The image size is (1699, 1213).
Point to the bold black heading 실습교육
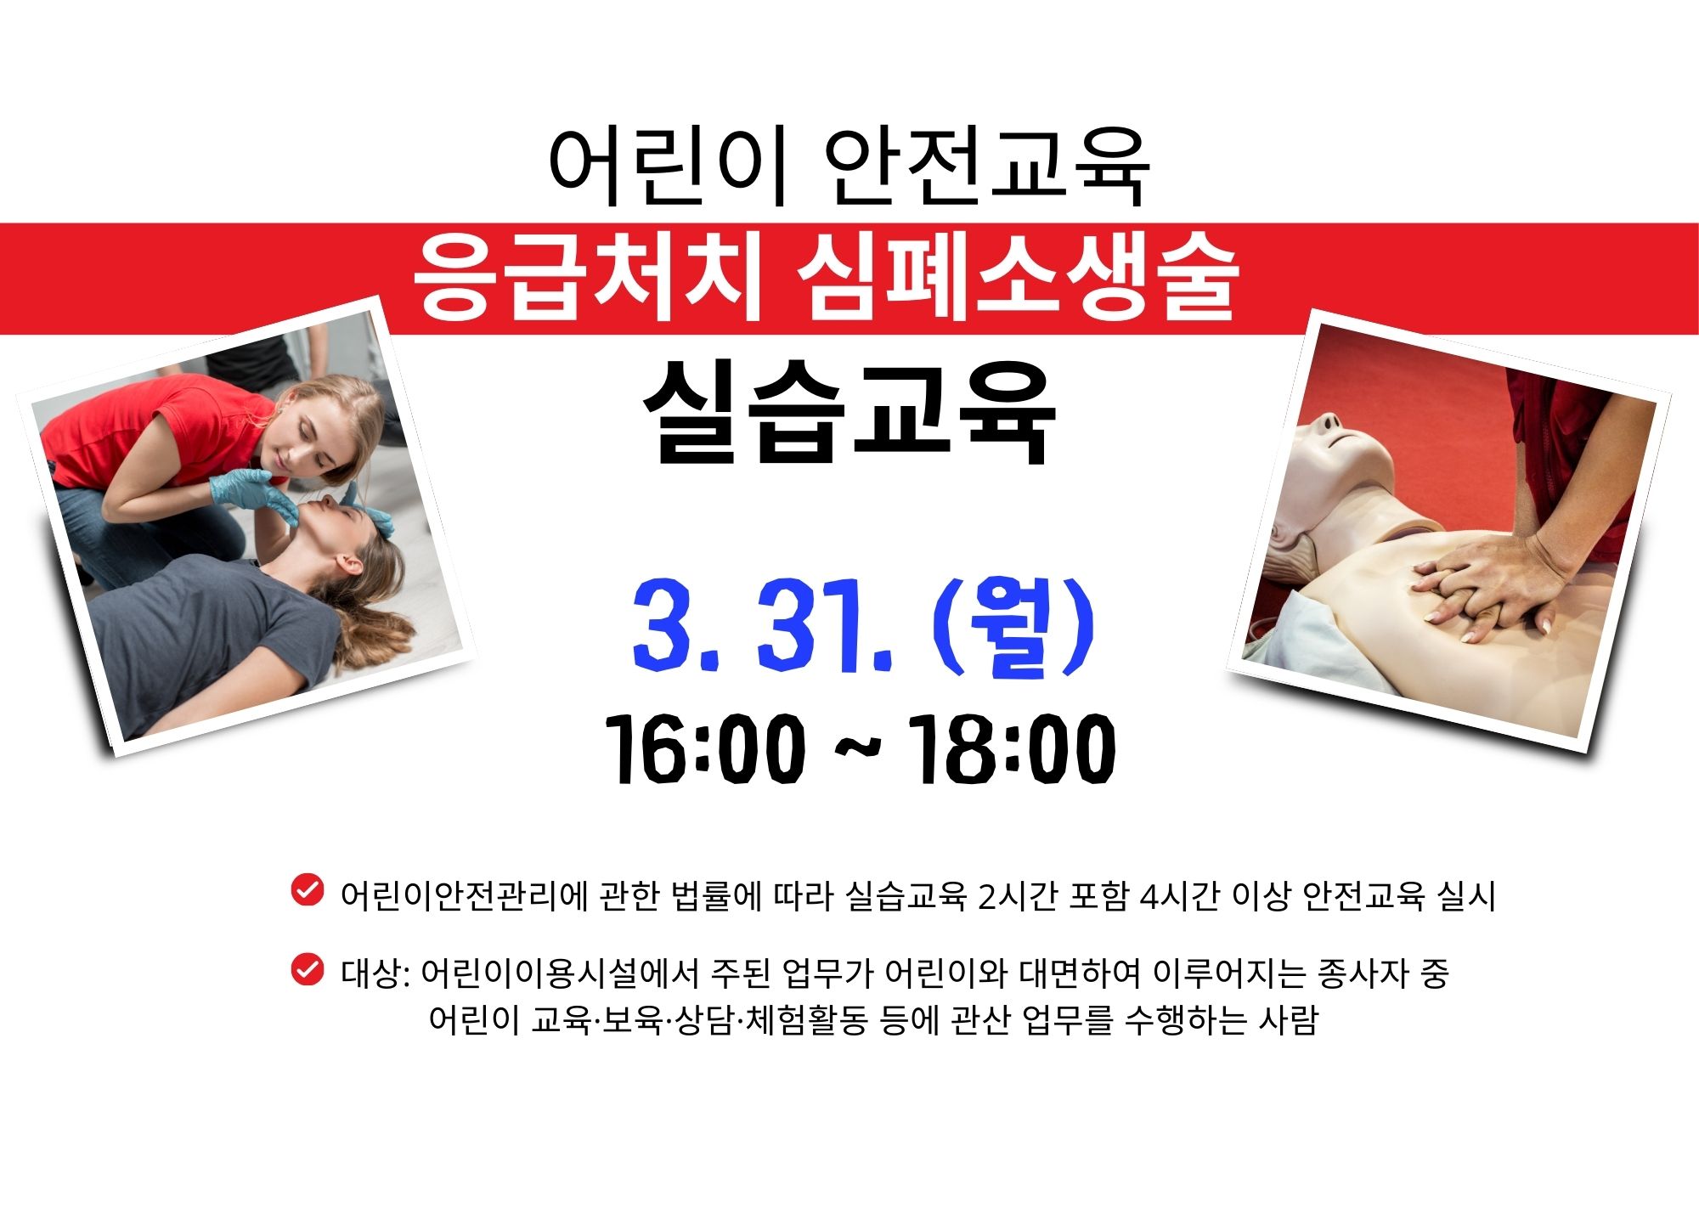tap(849, 413)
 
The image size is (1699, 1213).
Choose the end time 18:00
tap(1010, 749)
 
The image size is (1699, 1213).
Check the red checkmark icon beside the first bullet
tap(307, 890)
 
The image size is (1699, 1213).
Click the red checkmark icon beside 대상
tap(307, 969)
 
